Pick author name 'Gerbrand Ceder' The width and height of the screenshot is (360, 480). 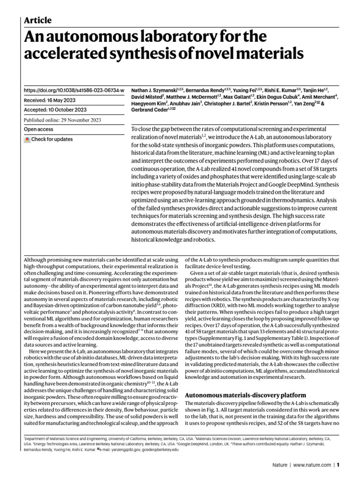pos(150,109)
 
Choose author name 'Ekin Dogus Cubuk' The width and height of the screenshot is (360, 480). pos(270,96)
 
